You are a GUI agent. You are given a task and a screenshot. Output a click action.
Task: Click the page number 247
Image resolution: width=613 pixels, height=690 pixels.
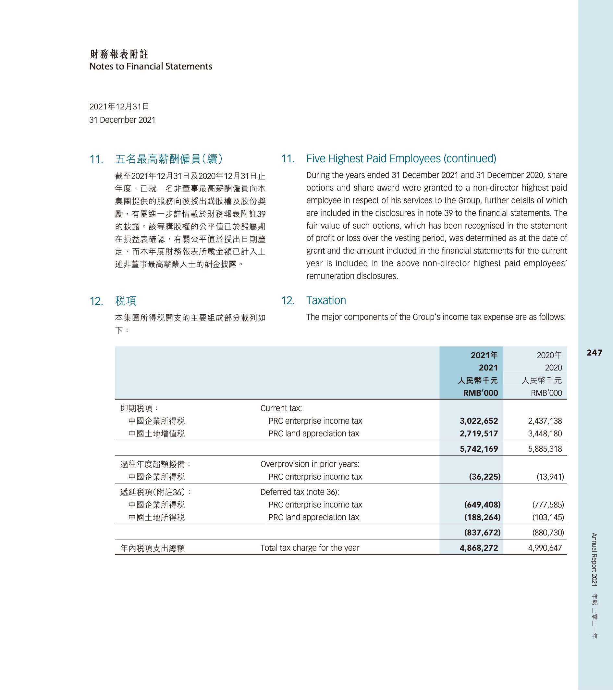[x=594, y=353]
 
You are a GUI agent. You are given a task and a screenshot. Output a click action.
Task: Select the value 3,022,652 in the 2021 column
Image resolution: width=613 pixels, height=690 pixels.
[x=478, y=421]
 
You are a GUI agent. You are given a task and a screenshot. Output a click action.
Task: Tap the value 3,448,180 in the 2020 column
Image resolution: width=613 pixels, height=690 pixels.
[x=545, y=433]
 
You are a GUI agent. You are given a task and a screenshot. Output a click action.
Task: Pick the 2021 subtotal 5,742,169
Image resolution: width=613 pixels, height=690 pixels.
[x=478, y=449]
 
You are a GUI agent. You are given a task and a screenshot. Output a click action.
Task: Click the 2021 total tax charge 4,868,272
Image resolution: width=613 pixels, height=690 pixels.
[x=478, y=547]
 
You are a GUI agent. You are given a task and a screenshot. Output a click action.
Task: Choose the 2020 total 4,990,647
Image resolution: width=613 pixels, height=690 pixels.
[x=545, y=547]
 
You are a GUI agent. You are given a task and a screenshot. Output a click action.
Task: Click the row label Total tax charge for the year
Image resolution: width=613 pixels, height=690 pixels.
[x=310, y=547]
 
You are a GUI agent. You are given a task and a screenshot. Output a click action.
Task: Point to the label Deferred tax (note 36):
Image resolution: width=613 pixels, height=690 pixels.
[x=300, y=492]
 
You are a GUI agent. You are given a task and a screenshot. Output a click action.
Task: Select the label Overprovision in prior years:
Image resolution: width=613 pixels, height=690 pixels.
[x=310, y=464]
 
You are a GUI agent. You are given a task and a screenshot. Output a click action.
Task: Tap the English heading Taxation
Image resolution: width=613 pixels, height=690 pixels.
[x=326, y=300]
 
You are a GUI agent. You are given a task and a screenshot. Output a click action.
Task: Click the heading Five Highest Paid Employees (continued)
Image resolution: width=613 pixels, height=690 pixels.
[x=401, y=158]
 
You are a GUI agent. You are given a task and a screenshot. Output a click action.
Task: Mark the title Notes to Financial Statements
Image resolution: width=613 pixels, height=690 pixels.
[x=151, y=66]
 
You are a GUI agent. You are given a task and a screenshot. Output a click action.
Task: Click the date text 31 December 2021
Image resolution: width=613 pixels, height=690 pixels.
[x=122, y=120]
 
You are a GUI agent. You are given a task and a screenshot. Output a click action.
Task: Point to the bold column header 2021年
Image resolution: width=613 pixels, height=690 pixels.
[x=484, y=355]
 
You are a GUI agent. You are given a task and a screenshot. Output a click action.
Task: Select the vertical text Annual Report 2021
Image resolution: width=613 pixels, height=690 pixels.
[x=594, y=559]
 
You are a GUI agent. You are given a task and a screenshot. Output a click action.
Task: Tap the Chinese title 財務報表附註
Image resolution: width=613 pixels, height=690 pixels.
[x=119, y=54]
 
